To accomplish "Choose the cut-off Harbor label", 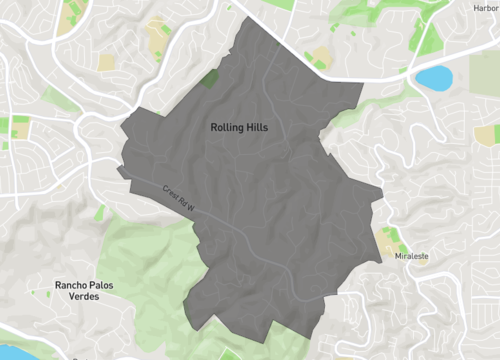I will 485,7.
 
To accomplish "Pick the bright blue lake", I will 433,77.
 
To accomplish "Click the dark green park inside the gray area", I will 210,77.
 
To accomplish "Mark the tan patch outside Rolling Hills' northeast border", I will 323,57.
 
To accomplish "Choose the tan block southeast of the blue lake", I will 487,134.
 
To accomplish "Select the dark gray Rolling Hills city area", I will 270,200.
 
